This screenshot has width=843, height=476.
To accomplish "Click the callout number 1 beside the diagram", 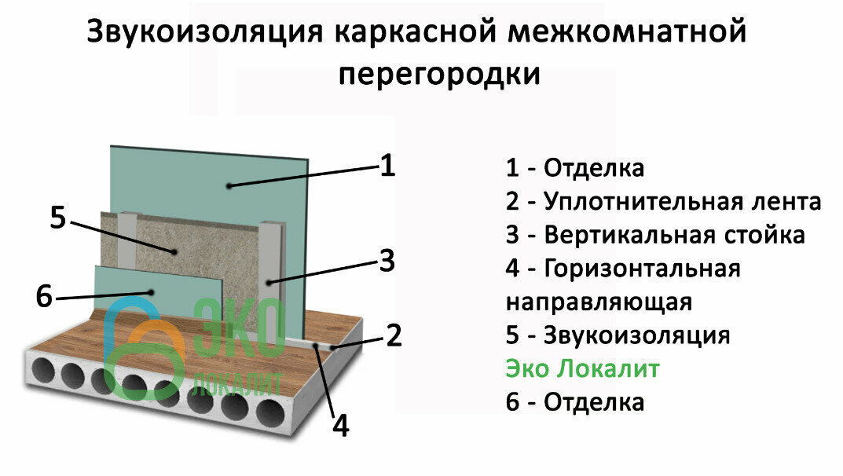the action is pyautogui.click(x=387, y=166).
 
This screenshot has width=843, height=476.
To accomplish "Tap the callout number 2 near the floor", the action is pyautogui.click(x=393, y=335).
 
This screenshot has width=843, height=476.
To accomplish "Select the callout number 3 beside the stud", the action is pyautogui.click(x=386, y=262).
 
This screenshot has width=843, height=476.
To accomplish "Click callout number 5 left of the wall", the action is pyautogui.click(x=57, y=217).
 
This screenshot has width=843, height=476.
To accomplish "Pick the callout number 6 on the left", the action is pyautogui.click(x=44, y=297).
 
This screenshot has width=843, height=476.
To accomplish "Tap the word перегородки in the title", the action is pyautogui.click(x=440, y=74).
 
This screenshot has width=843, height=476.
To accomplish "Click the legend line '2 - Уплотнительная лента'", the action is pyautogui.click(x=663, y=202).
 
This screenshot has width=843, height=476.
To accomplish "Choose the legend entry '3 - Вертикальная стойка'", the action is pyautogui.click(x=655, y=236).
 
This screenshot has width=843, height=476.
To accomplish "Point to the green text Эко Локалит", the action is pyautogui.click(x=582, y=369).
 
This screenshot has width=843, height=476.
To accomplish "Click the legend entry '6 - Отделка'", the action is pyautogui.click(x=574, y=402).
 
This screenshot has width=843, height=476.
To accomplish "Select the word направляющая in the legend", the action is pyautogui.click(x=598, y=302).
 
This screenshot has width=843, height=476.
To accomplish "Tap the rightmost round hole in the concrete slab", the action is pyautogui.click(x=270, y=412).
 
